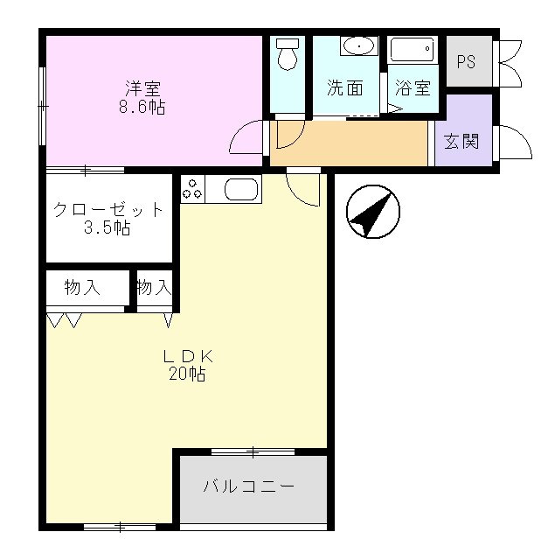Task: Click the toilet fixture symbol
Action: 288,54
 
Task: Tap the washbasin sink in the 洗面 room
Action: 359,46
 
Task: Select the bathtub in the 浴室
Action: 413,49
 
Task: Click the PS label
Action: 466,61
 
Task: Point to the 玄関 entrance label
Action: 461,141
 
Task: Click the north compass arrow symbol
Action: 373,212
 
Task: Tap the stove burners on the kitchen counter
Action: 192,189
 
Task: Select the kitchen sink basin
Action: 241,189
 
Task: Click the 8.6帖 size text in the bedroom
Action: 142,107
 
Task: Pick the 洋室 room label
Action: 143,88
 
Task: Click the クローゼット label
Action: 108,210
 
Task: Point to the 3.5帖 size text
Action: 107,227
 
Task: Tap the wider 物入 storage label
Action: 82,287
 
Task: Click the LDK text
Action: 188,356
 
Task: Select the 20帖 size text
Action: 187,374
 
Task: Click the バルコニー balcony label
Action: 249,486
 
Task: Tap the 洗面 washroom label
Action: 345,87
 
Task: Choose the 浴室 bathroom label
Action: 413,87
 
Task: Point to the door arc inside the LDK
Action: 298,196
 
